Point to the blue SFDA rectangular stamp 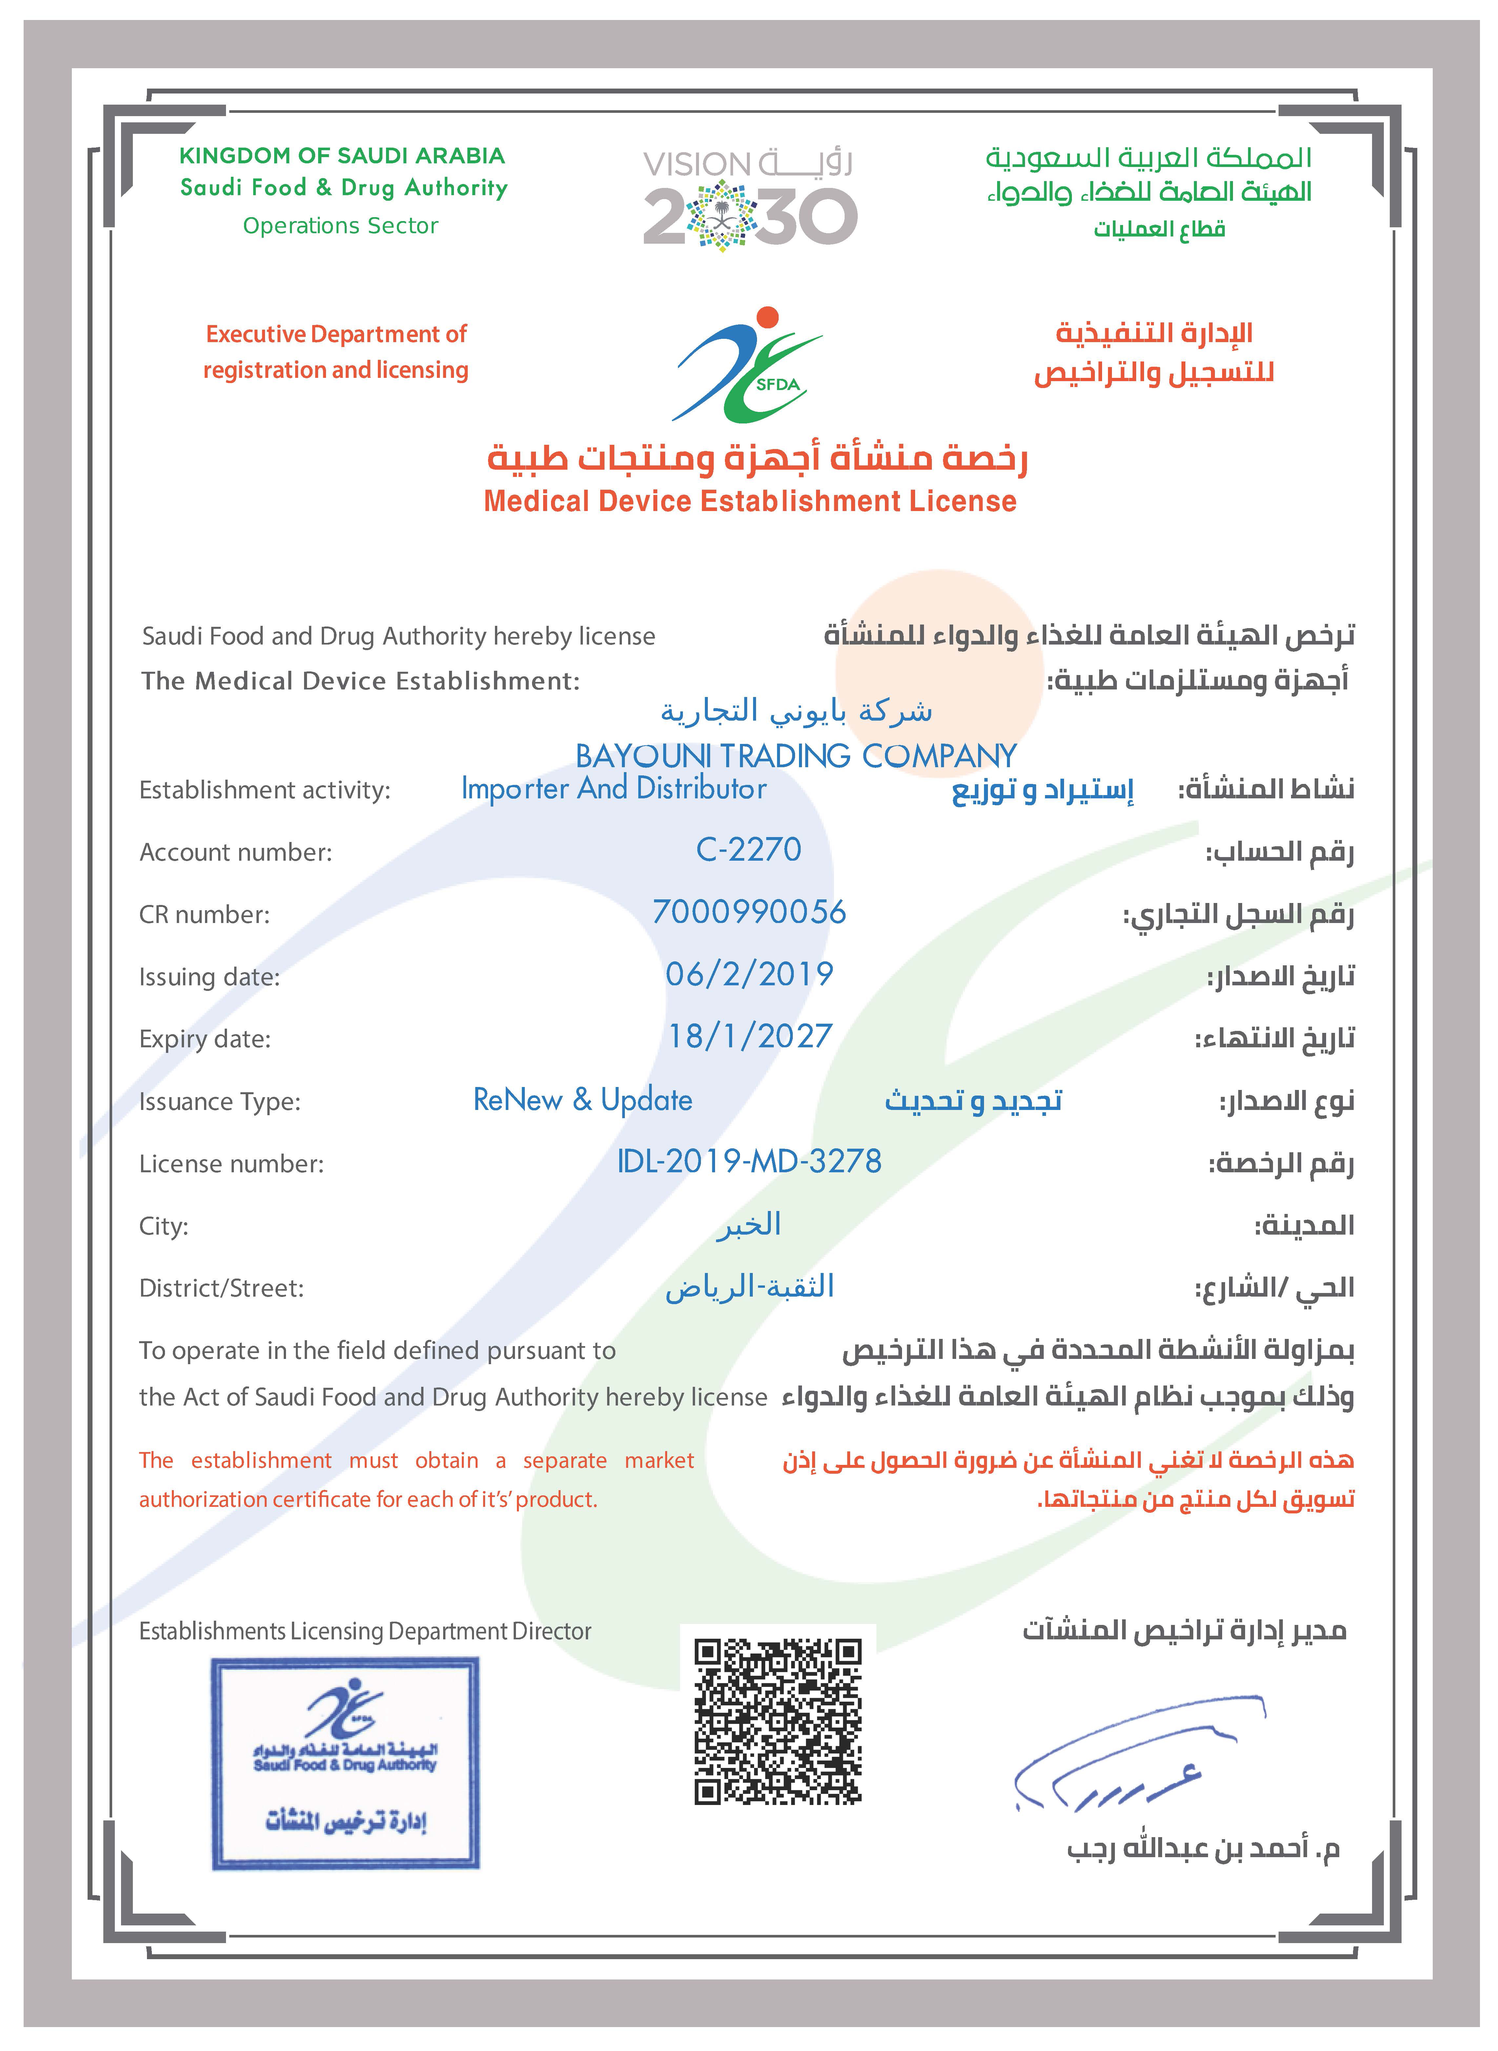345,1763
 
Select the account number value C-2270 749,850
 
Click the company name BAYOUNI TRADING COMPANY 796,755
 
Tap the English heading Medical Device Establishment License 750,502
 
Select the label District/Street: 221,1288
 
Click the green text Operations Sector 341,226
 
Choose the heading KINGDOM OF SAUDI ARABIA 342,156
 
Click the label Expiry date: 205,1039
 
